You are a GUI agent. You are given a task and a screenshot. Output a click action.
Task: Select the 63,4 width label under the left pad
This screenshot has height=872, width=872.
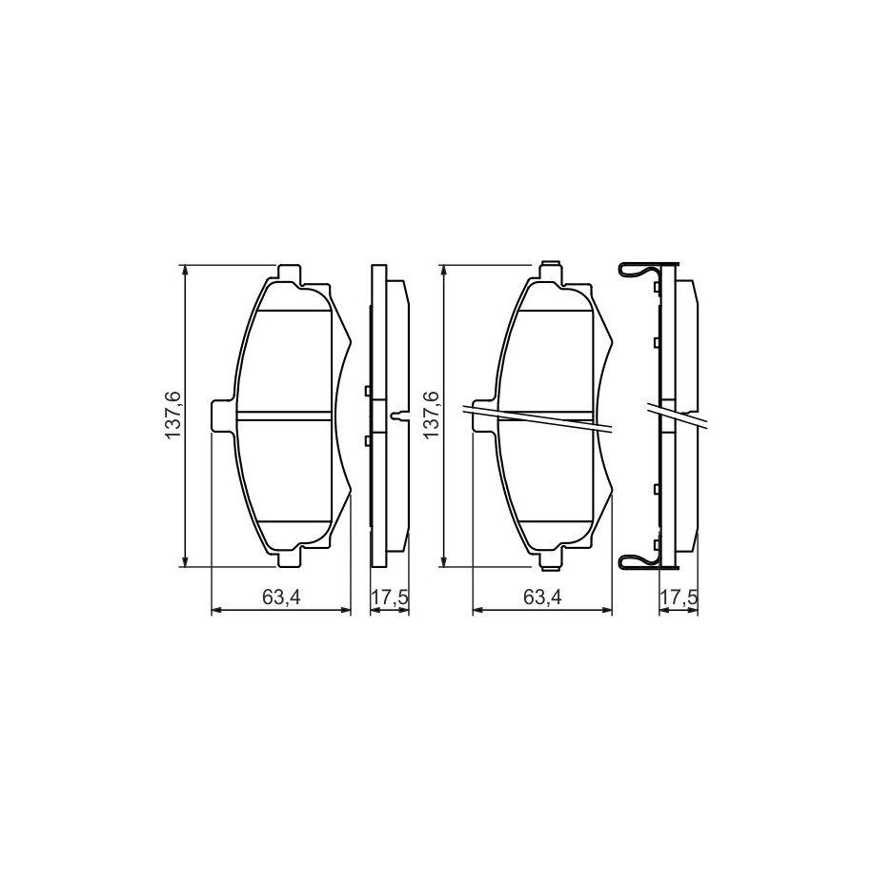281,598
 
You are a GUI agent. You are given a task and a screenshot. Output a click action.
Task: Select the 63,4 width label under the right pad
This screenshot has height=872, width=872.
542,598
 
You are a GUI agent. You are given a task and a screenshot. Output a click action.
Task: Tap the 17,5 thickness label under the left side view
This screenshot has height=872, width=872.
390,598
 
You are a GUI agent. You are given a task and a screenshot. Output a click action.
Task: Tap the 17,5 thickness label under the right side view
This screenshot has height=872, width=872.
678,598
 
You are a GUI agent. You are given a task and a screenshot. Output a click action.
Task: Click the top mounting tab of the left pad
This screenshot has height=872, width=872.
289,274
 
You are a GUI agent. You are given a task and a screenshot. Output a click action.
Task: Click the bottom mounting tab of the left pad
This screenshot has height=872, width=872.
289,558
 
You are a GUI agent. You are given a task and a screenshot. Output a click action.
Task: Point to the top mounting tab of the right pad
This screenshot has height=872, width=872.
550,272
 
